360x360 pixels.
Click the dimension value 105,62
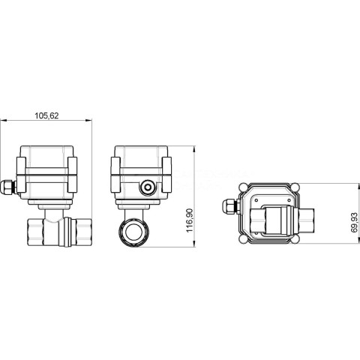pos(46,115)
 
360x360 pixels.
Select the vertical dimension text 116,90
pos(190,220)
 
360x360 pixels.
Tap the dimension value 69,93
pos(354,223)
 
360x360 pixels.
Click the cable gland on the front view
pos(8,187)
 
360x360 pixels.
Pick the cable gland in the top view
pos(230,207)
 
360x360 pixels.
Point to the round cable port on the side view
pos(148,187)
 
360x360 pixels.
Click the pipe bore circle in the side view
pos(133,232)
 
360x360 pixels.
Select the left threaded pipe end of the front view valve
pos(35,232)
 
